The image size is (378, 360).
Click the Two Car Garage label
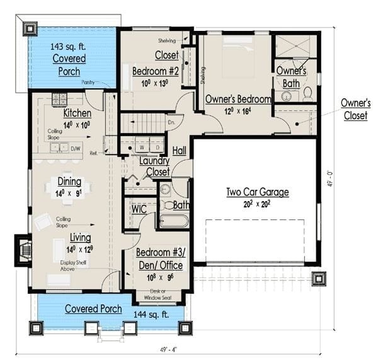coord(257,192)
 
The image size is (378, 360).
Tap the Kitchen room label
coord(77,113)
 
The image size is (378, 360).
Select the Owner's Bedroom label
coord(238,99)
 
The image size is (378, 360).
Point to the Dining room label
coord(69,182)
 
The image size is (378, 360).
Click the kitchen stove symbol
coord(59,98)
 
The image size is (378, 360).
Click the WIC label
coord(139,208)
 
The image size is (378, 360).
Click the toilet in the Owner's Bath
coord(307,94)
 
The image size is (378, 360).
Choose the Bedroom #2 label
coord(156,71)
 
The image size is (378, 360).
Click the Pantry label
coord(89,82)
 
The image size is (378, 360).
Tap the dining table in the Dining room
coord(69,188)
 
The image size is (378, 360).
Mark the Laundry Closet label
coord(154,166)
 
